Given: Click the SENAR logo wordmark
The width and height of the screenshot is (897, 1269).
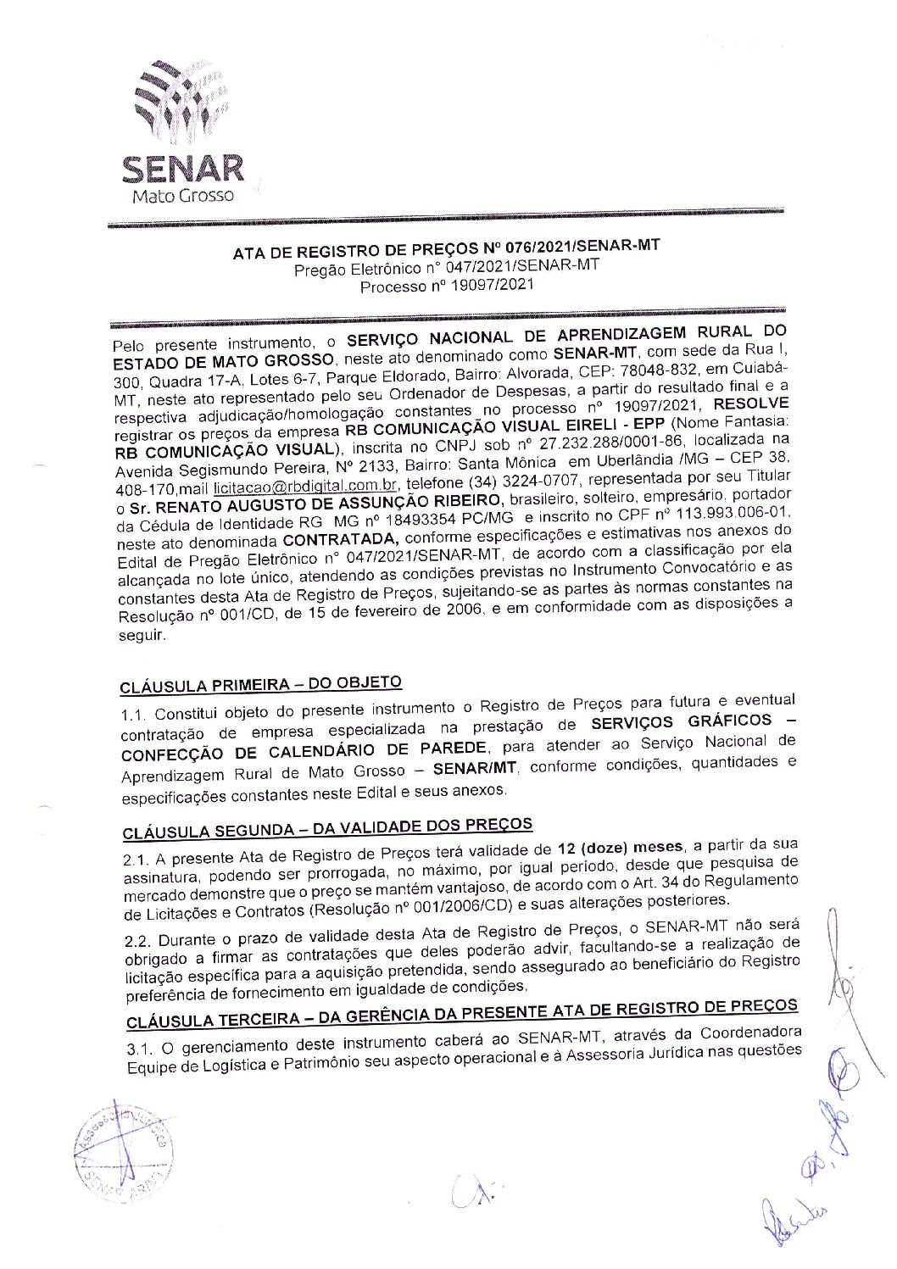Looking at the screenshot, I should pyautogui.click(x=182, y=169).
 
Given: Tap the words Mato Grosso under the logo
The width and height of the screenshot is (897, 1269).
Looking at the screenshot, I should pyautogui.click(x=182, y=196).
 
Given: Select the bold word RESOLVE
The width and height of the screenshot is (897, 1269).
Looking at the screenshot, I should pyautogui.click(x=751, y=404).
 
